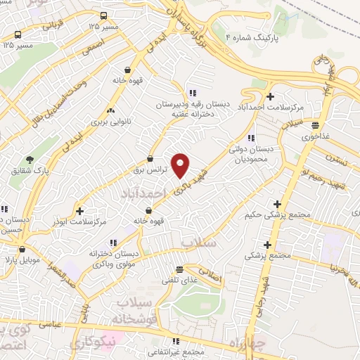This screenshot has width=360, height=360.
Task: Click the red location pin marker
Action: click(181, 165)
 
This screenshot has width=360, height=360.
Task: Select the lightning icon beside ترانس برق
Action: click(150, 159)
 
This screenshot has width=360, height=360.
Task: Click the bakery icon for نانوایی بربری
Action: click(110, 110)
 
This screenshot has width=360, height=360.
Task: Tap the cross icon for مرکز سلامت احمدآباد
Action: click(271, 96)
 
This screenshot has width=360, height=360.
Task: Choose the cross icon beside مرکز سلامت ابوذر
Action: click(79, 211)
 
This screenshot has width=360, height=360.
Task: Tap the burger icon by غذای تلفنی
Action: click(179, 269)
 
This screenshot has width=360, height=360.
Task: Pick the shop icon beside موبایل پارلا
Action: click(22, 249)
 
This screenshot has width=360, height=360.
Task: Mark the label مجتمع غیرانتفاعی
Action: click(176, 351)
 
